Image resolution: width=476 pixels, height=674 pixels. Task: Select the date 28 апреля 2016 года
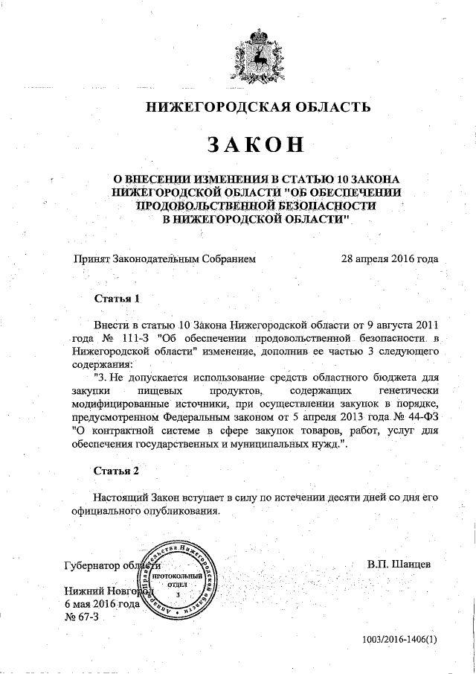pos(389,259)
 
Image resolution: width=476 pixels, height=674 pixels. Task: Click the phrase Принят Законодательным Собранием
pos(164,259)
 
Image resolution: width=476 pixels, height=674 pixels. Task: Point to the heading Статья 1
pos(118,298)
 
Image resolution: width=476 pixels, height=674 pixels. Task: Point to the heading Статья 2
pos(118,471)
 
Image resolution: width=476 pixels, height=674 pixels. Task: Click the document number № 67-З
pos(82,617)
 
